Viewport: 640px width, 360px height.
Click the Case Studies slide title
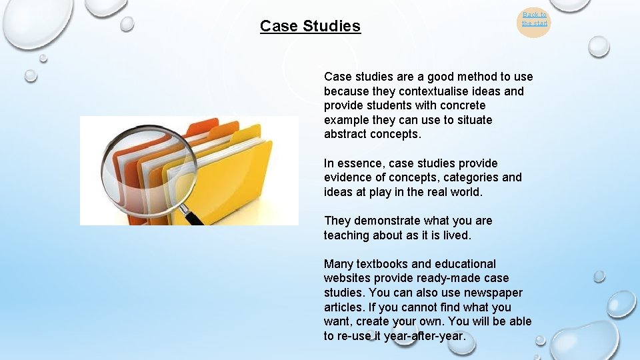(x=310, y=26)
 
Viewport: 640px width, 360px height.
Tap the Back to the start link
(x=534, y=19)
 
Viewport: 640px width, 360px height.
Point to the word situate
(x=471, y=120)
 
